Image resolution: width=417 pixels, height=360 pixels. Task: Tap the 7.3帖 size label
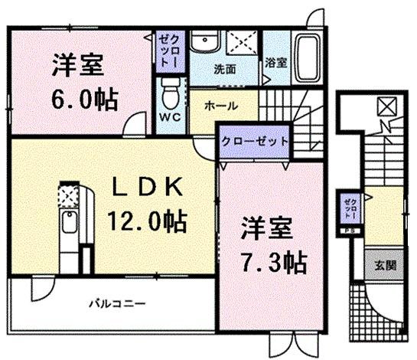275,263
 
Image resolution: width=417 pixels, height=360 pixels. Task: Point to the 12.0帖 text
149,223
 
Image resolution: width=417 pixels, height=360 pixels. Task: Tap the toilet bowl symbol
171,92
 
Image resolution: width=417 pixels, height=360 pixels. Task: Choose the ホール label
221,106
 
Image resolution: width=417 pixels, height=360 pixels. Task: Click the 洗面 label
224,69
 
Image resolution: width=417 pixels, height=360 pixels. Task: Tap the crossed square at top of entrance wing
386,106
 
